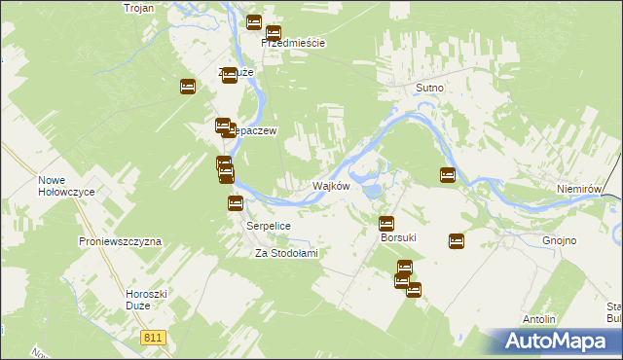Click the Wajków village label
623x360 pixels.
330,186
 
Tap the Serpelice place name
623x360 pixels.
267,225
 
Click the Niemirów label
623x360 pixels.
582,191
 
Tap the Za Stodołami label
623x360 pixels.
286,253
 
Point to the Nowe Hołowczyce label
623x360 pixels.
66,186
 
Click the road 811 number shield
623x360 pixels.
152,338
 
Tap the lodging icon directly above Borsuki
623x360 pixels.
386,223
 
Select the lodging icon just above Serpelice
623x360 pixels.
235,203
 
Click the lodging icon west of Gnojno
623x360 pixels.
456,241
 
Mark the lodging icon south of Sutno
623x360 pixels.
448,175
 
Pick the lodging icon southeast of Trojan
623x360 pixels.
188,88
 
